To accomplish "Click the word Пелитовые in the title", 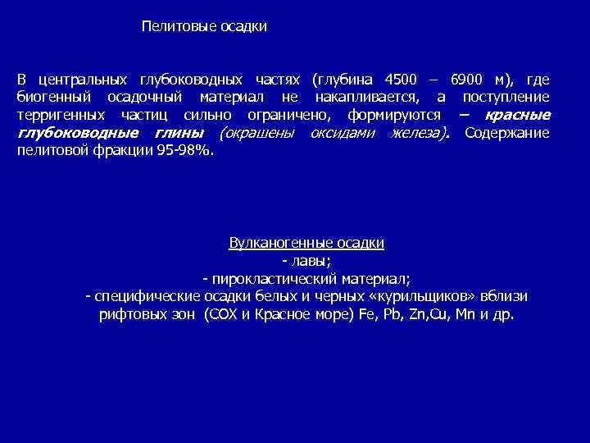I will tap(171, 27).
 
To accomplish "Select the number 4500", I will tap(400, 80).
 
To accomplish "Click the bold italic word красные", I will tap(518, 116).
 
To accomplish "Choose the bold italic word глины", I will tap(179, 134).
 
